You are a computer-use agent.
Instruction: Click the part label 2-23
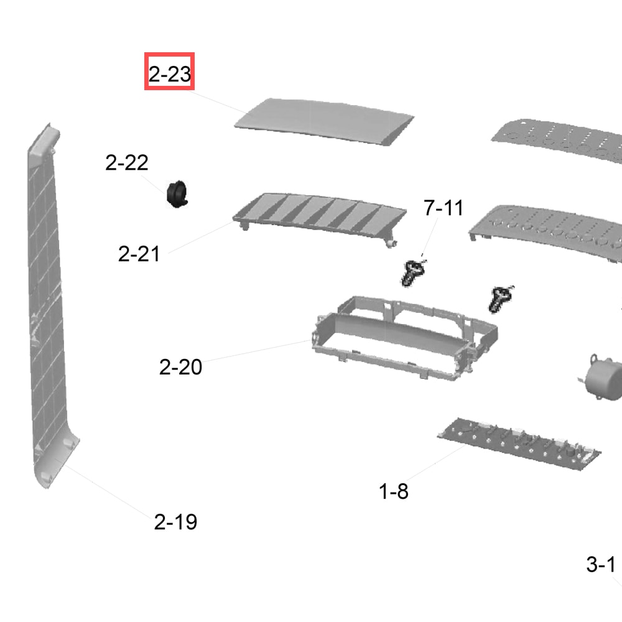[169, 74]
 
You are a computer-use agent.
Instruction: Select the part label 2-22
[127, 162]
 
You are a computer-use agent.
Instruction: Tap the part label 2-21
[139, 254]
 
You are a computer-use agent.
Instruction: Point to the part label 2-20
[180, 367]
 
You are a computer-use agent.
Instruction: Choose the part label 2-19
[175, 522]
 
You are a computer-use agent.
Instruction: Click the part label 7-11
[443, 208]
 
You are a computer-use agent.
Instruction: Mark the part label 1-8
[394, 491]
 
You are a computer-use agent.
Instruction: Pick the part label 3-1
[601, 564]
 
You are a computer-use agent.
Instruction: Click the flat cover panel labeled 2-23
[323, 121]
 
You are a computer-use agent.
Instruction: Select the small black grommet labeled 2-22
[177, 194]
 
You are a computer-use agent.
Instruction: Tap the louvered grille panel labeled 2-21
[319, 216]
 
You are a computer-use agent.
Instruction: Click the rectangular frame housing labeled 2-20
[405, 337]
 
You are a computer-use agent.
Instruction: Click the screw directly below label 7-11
[413, 272]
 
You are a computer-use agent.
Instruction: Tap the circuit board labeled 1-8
[519, 443]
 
